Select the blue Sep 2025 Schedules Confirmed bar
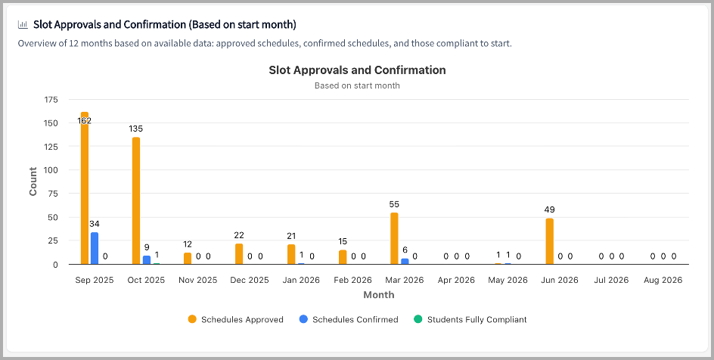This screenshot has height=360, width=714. point(95,248)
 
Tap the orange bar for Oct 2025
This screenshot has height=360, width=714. point(136,200)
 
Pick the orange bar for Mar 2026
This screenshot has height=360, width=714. point(394,238)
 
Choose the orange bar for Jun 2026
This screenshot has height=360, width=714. point(549,241)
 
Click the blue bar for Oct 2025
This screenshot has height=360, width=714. point(147,260)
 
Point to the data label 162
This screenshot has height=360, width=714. point(84,121)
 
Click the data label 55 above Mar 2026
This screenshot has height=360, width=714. point(394,204)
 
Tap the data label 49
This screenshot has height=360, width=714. point(549,209)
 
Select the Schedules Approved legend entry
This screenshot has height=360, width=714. point(236,320)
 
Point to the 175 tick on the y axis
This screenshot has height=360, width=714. point(51,100)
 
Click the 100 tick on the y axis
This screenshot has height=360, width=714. point(51,170)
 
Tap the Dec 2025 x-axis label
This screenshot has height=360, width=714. point(250,280)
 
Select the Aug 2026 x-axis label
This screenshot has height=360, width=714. point(663,280)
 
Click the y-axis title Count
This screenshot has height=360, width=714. point(33,182)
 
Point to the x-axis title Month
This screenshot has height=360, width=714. point(378,294)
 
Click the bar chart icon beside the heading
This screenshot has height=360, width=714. point(23,24)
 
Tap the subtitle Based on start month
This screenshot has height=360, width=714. point(357,85)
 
